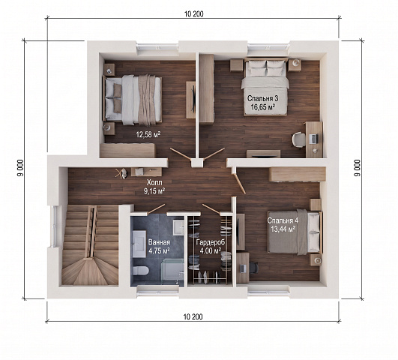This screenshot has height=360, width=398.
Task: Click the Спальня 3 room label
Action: (262, 98)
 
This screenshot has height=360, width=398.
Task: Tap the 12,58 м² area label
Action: (148, 134)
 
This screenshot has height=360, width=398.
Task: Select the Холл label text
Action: (154, 182)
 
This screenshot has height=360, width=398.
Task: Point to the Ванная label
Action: (159, 241)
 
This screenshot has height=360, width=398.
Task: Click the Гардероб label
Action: (211, 242)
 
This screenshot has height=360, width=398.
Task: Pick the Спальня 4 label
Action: (283, 220)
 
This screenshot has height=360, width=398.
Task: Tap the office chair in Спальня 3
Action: (298, 139)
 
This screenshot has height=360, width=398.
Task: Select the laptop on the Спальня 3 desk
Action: (313, 139)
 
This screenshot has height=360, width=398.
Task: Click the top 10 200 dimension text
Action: (194, 14)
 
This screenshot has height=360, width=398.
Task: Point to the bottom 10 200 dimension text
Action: (193, 316)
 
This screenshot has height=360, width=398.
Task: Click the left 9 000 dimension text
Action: (21, 168)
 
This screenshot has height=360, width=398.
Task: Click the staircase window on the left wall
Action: (55, 226)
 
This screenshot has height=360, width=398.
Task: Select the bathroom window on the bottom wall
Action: (157, 292)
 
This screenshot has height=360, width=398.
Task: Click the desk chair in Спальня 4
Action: (254, 268)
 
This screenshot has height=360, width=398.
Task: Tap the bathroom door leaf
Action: (157, 208)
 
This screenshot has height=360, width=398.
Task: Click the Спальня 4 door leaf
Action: (239, 182)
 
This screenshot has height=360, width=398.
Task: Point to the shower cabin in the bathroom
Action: (173, 269)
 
